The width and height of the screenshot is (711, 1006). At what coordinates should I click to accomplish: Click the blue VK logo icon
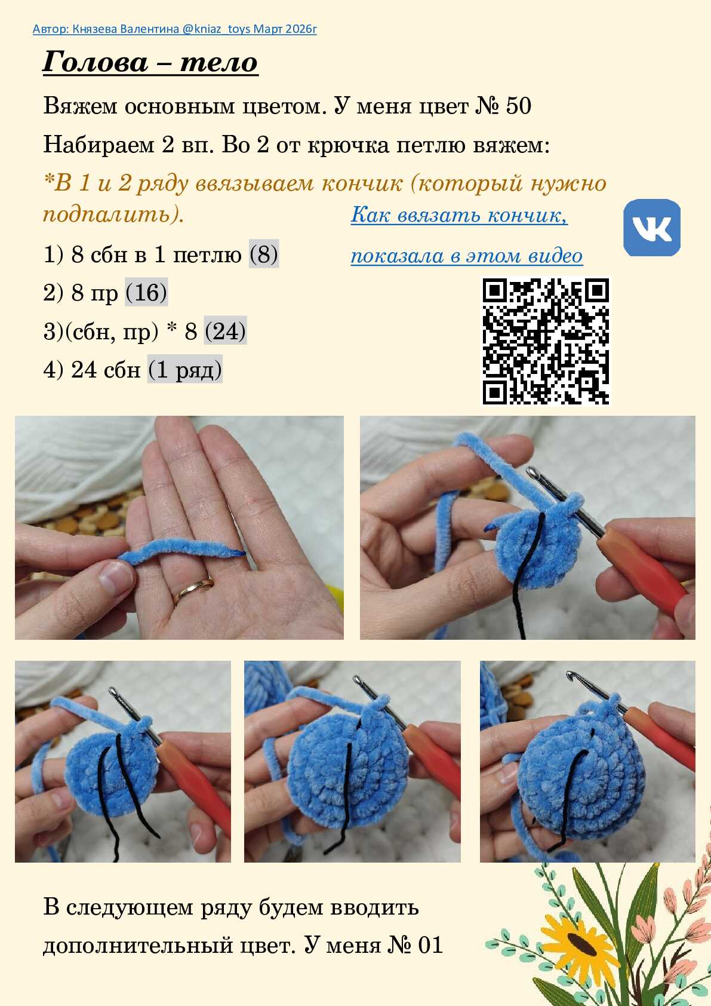click(x=652, y=228)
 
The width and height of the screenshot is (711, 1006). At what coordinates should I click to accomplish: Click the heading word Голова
click(x=95, y=62)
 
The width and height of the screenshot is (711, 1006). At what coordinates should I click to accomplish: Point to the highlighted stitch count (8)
click(x=264, y=254)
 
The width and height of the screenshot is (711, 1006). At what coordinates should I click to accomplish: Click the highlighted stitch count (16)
click(x=146, y=292)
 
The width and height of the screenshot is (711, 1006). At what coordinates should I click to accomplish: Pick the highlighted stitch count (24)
click(x=225, y=331)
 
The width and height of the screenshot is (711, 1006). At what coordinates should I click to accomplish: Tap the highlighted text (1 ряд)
click(x=185, y=370)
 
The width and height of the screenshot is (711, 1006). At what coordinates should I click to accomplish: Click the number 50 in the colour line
click(x=518, y=106)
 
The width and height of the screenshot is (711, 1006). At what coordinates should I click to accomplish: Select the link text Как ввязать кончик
click(x=458, y=214)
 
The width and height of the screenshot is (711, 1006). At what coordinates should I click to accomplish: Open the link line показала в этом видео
click(x=467, y=256)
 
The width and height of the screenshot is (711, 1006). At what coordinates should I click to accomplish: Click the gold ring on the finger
click(x=193, y=590)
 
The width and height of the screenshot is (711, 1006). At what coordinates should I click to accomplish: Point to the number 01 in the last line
click(x=430, y=945)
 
